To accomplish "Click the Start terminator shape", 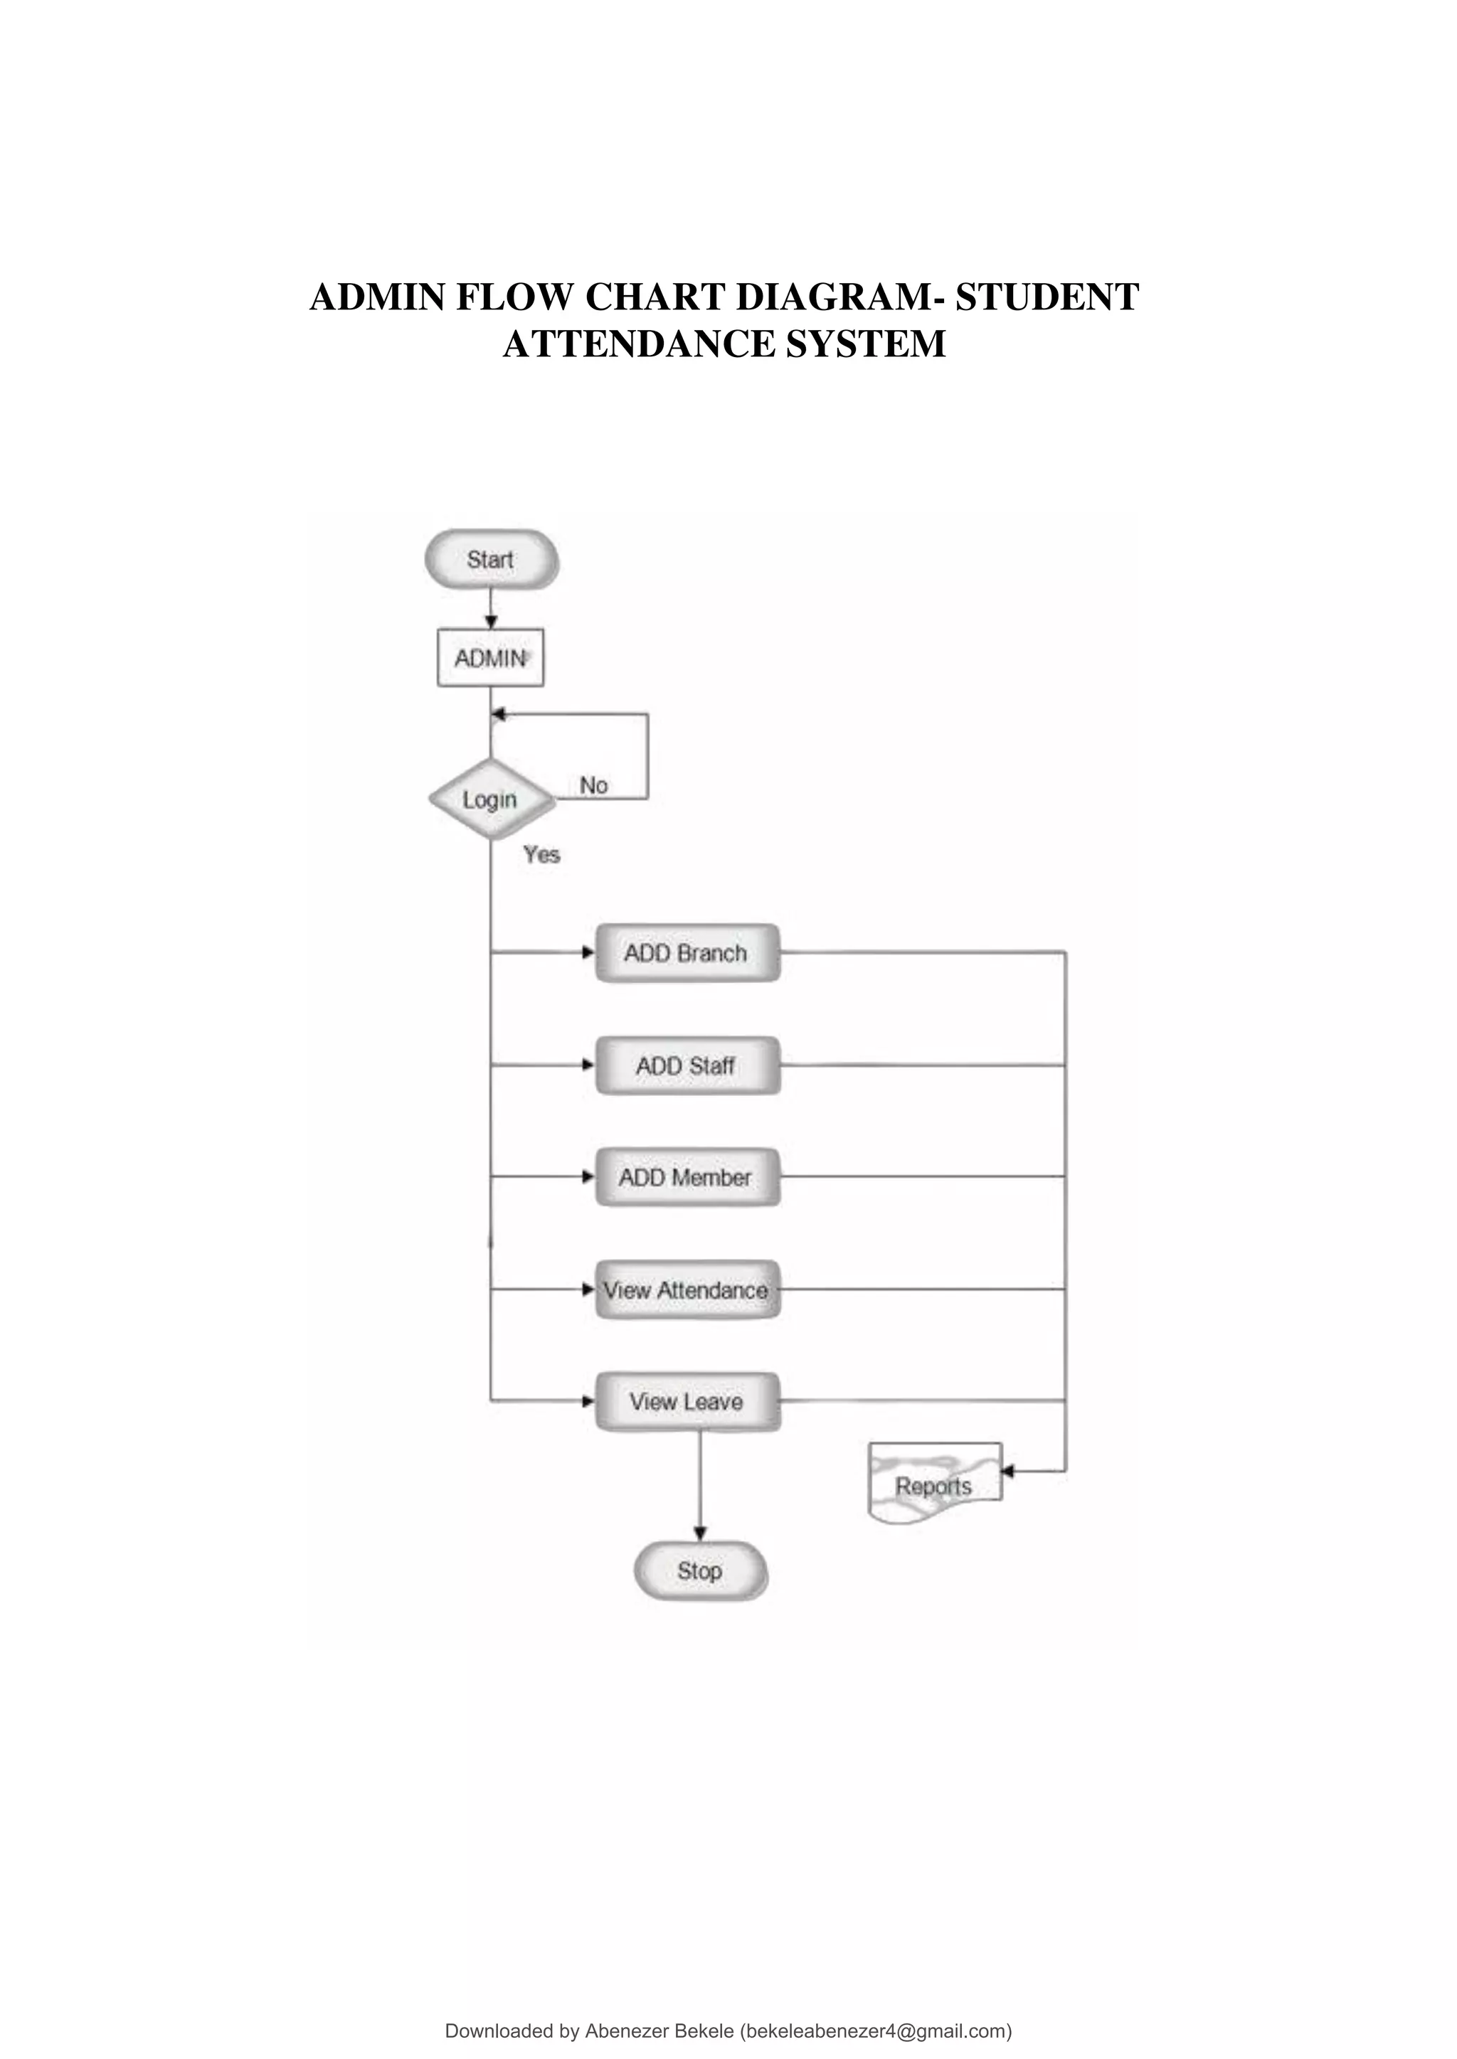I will click(x=491, y=560).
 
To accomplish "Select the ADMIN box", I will click(x=490, y=658).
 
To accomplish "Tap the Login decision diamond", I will click(x=490, y=799).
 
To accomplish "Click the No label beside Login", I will click(x=593, y=786).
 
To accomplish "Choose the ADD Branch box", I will click(x=687, y=953).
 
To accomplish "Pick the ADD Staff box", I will click(x=687, y=1065).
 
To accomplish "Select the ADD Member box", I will click(x=687, y=1178).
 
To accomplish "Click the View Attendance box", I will click(x=687, y=1290).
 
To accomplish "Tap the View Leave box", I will click(x=687, y=1402).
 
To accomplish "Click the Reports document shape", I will click(x=934, y=1484).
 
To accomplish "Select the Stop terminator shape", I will click(x=700, y=1571).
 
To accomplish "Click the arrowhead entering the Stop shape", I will click(x=700, y=1533).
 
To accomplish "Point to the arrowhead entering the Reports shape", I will click(x=1007, y=1472).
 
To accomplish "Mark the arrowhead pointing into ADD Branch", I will click(x=588, y=952).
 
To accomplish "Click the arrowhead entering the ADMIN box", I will click(x=491, y=622).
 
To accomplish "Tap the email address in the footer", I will click(x=876, y=2031).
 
